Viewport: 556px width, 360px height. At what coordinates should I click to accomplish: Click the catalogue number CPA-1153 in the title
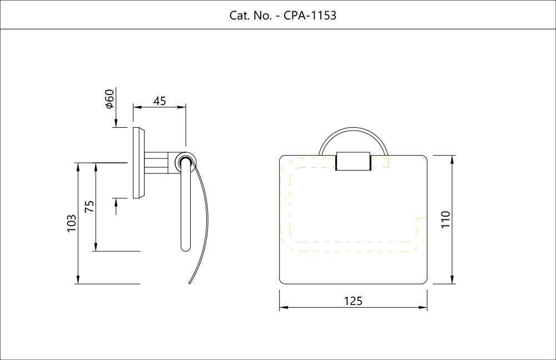310,15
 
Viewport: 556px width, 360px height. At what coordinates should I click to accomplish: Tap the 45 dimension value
160,101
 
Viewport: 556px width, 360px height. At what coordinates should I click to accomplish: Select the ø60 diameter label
110,99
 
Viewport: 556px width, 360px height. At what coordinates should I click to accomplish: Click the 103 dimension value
72,223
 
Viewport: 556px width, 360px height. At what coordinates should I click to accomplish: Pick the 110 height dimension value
445,219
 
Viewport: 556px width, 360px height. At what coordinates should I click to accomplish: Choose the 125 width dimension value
353,301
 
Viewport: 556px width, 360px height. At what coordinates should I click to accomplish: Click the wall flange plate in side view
138,162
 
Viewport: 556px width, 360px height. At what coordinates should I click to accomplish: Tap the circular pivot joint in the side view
185,162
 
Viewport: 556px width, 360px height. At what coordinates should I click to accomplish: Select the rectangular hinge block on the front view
353,161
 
